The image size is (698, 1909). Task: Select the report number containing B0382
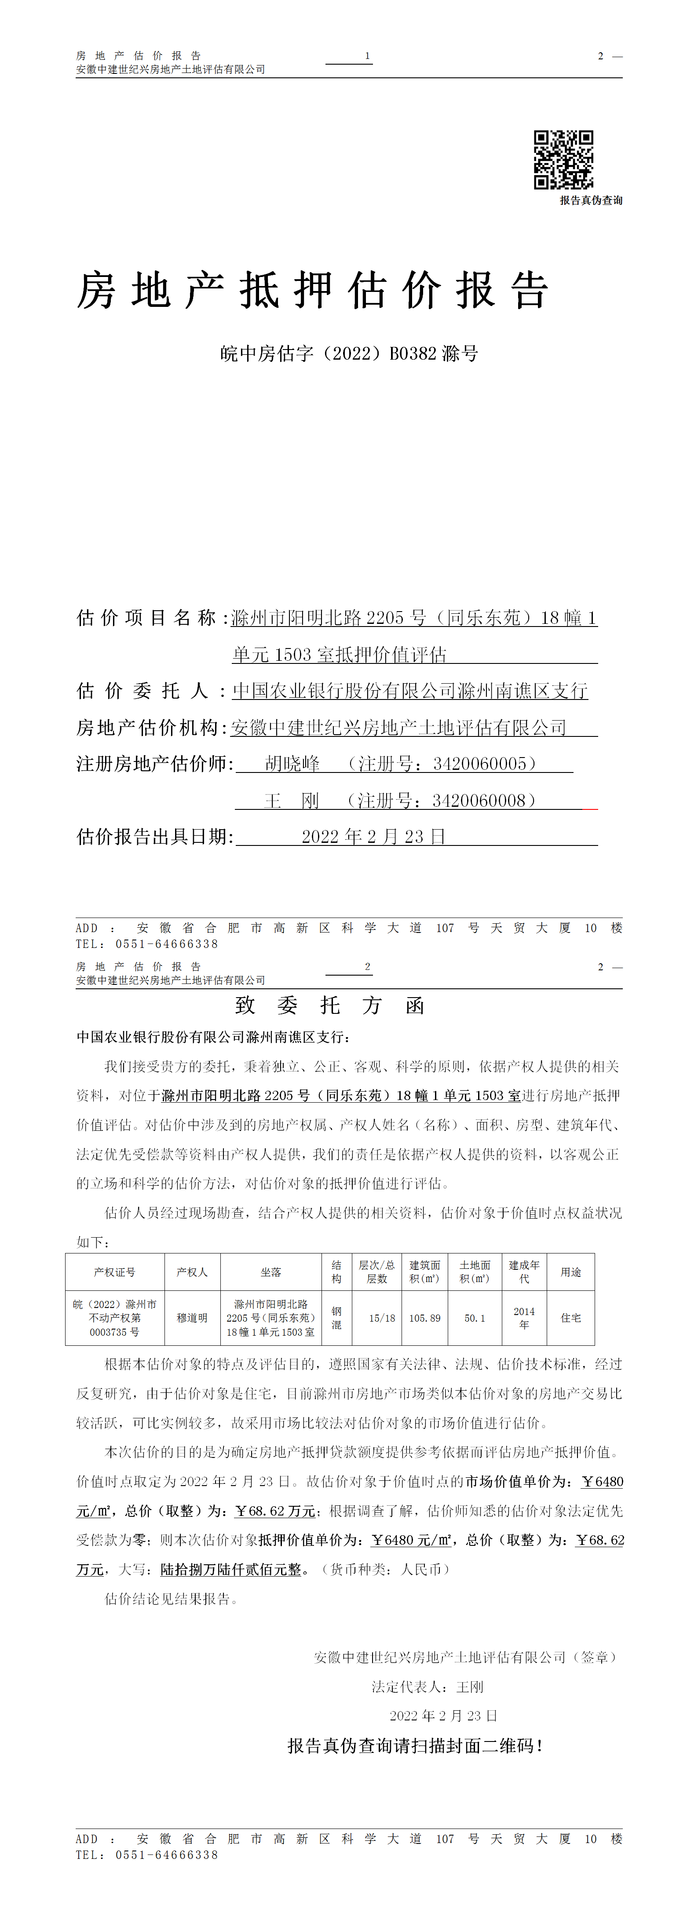[349, 353]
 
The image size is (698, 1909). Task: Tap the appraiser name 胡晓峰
[292, 763]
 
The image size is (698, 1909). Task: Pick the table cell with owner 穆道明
[192, 1318]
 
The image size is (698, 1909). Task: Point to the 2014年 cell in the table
[524, 1318]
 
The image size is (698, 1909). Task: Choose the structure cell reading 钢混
[336, 1318]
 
